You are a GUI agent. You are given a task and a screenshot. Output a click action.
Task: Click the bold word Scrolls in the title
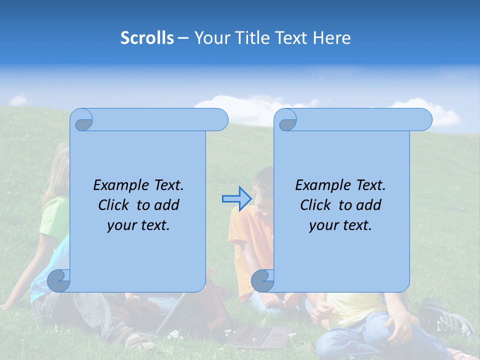pyautogui.click(x=147, y=38)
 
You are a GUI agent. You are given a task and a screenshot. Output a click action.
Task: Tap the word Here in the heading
pyautogui.click(x=331, y=38)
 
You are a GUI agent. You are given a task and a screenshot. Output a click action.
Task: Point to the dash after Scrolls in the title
pyautogui.click(x=183, y=38)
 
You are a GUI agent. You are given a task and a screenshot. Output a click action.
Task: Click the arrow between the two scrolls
pyautogui.click(x=236, y=199)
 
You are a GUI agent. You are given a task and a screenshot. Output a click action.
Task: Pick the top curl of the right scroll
pyautogui.click(x=286, y=120)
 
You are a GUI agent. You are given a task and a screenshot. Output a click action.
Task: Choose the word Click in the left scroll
pyautogui.click(x=115, y=205)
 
